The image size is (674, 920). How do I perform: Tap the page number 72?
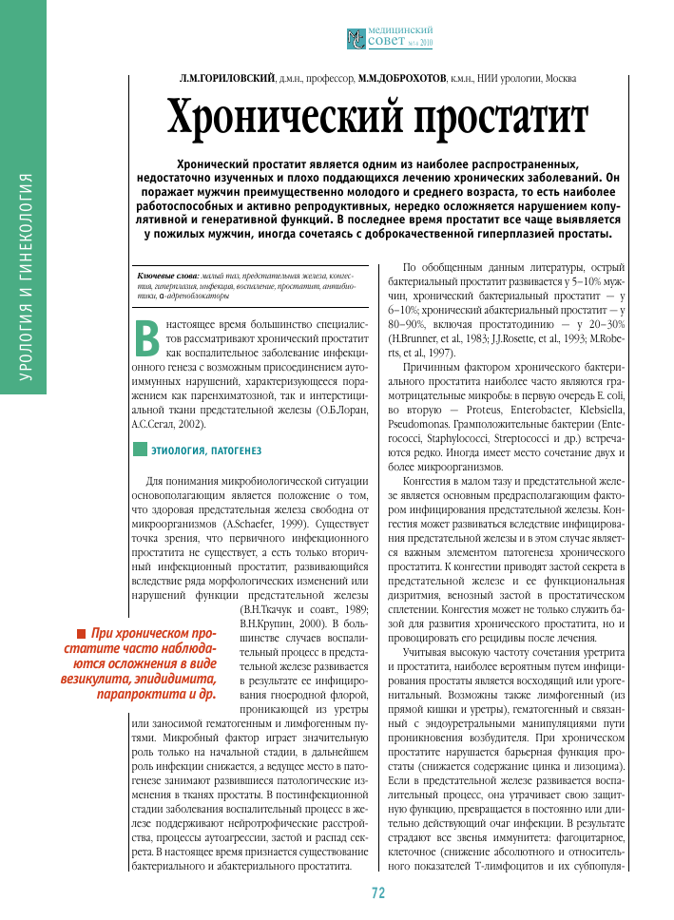coord(377,892)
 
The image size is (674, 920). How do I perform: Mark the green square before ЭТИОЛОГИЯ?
coord(140,448)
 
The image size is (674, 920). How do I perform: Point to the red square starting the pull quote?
coord(83,634)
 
